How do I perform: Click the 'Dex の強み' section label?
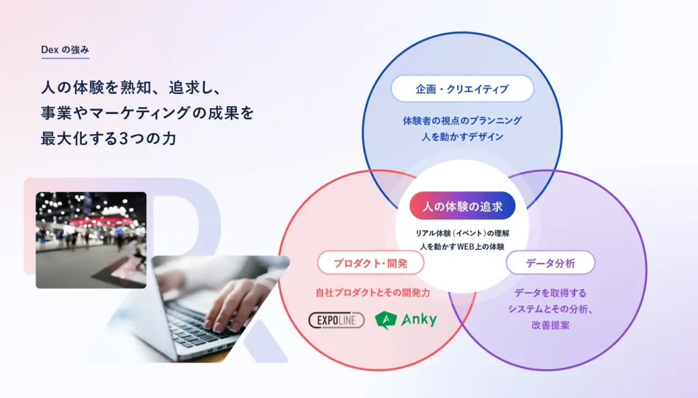pyautogui.click(x=65, y=50)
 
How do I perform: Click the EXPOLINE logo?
pyautogui.click(x=336, y=320)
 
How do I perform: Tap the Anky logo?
pyautogui.click(x=405, y=319)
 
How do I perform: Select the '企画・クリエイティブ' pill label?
pyautogui.click(x=462, y=89)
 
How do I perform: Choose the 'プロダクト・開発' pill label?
pyautogui.click(x=370, y=263)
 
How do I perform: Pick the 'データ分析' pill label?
pyautogui.click(x=550, y=263)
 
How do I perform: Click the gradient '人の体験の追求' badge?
pyautogui.click(x=462, y=206)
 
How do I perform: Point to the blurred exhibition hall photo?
pyautogui.click(x=91, y=240)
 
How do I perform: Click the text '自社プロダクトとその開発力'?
pyautogui.click(x=373, y=293)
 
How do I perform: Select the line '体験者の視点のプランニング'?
pyautogui.click(x=462, y=121)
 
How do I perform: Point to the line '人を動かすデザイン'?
pyautogui.click(x=462, y=137)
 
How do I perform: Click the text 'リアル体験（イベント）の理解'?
pyautogui.click(x=462, y=234)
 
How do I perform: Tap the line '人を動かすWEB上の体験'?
pyautogui.click(x=462, y=246)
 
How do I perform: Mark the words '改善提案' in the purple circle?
pyautogui.click(x=550, y=325)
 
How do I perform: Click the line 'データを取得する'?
pyautogui.click(x=550, y=293)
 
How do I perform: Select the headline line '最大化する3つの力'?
pyautogui.click(x=109, y=138)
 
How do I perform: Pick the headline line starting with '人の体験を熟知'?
pyautogui.click(x=132, y=87)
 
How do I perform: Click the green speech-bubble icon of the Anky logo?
pyautogui.click(x=385, y=320)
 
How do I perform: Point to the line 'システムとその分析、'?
pyautogui.click(x=550, y=309)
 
